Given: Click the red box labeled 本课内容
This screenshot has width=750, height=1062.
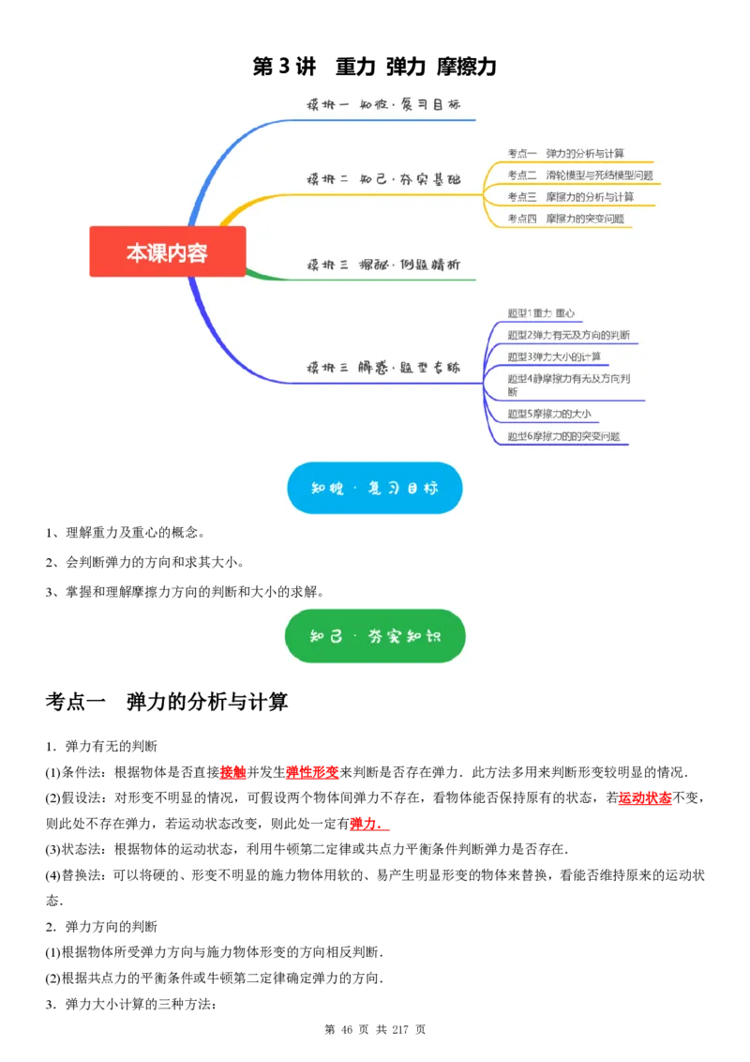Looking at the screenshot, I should tap(167, 251).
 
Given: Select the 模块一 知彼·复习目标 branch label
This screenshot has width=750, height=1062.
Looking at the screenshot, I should tap(383, 104).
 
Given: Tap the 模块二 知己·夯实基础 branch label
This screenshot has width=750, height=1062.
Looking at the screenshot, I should tap(383, 178).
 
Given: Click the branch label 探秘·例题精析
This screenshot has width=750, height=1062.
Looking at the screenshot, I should tap(383, 265).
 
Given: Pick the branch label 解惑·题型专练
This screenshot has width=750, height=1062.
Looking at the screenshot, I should tap(383, 368).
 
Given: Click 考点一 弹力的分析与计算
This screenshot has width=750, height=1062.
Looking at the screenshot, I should tap(566, 153).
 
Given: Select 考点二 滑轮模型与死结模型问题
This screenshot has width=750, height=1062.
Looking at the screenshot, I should tap(580, 174).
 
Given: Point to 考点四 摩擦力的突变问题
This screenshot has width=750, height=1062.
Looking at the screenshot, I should tap(565, 219).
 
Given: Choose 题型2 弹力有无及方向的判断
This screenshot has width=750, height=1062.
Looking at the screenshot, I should tap(568, 335).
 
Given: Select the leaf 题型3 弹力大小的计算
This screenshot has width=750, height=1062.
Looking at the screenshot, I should tap(554, 357).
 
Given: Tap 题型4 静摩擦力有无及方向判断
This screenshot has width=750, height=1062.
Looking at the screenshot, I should tap(568, 385).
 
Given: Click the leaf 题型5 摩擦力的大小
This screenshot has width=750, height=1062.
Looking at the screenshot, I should tap(548, 414).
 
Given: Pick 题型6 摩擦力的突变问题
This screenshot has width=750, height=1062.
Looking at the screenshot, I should tap(563, 436).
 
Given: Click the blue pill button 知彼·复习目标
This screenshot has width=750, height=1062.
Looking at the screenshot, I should tap(375, 488).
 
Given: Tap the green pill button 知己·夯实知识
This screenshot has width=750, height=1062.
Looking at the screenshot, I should tap(375, 636).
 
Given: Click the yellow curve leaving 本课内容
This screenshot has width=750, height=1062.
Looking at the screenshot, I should tap(234, 214).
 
